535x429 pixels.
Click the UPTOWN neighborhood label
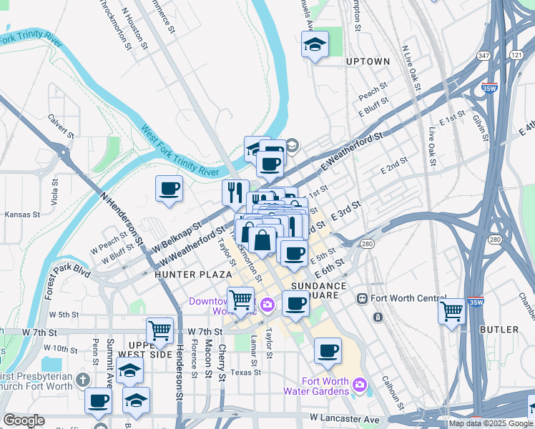(368, 61)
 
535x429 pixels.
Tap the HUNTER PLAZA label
(182, 275)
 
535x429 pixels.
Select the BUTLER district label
(499, 330)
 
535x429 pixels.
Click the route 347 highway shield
(484, 56)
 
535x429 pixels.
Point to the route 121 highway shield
(516, 56)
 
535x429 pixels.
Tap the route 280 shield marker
(368, 245)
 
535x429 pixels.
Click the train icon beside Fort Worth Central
(362, 297)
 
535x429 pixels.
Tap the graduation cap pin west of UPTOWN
(315, 45)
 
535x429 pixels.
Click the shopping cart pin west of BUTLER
(452, 312)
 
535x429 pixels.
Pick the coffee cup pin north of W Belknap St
(170, 189)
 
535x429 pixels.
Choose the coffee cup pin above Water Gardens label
(328, 351)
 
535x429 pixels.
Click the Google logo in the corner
(24, 420)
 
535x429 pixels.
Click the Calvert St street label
(62, 126)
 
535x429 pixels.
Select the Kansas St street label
(19, 214)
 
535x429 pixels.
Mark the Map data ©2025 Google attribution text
(491, 423)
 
